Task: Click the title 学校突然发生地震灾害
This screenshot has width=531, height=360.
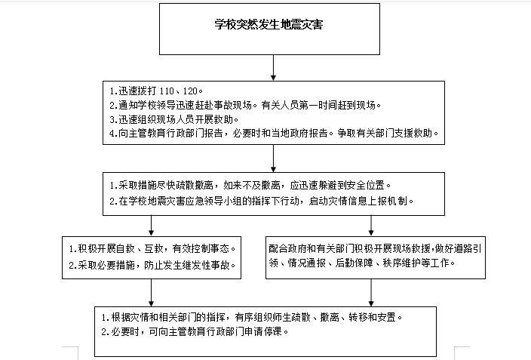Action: click(x=269, y=24)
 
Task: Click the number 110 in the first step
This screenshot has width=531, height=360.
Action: click(x=167, y=91)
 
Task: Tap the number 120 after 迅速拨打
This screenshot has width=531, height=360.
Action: click(x=190, y=91)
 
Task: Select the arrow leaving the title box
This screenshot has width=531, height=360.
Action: click(x=273, y=67)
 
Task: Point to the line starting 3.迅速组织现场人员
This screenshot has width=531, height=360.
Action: click(x=174, y=119)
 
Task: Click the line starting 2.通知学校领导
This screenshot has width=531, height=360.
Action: click(x=245, y=105)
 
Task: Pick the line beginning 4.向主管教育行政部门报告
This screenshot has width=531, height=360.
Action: click(x=274, y=134)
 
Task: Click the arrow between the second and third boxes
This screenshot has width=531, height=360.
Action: click(x=273, y=158)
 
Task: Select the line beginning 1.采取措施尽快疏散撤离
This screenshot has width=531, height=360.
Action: click(x=250, y=186)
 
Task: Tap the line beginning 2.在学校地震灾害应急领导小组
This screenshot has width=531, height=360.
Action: click(x=262, y=201)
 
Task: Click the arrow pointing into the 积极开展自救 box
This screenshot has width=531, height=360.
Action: click(x=151, y=226)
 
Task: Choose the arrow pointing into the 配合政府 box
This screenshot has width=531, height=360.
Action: click(x=371, y=226)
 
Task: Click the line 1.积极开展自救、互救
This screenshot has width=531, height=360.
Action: click(x=152, y=249)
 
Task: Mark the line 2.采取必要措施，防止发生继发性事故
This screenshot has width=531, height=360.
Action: click(x=152, y=265)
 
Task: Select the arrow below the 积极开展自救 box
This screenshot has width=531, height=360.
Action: click(x=151, y=293)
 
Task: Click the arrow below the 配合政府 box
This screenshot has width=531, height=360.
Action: click(x=371, y=293)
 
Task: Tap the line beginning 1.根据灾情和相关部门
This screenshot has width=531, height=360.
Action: click(x=252, y=317)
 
